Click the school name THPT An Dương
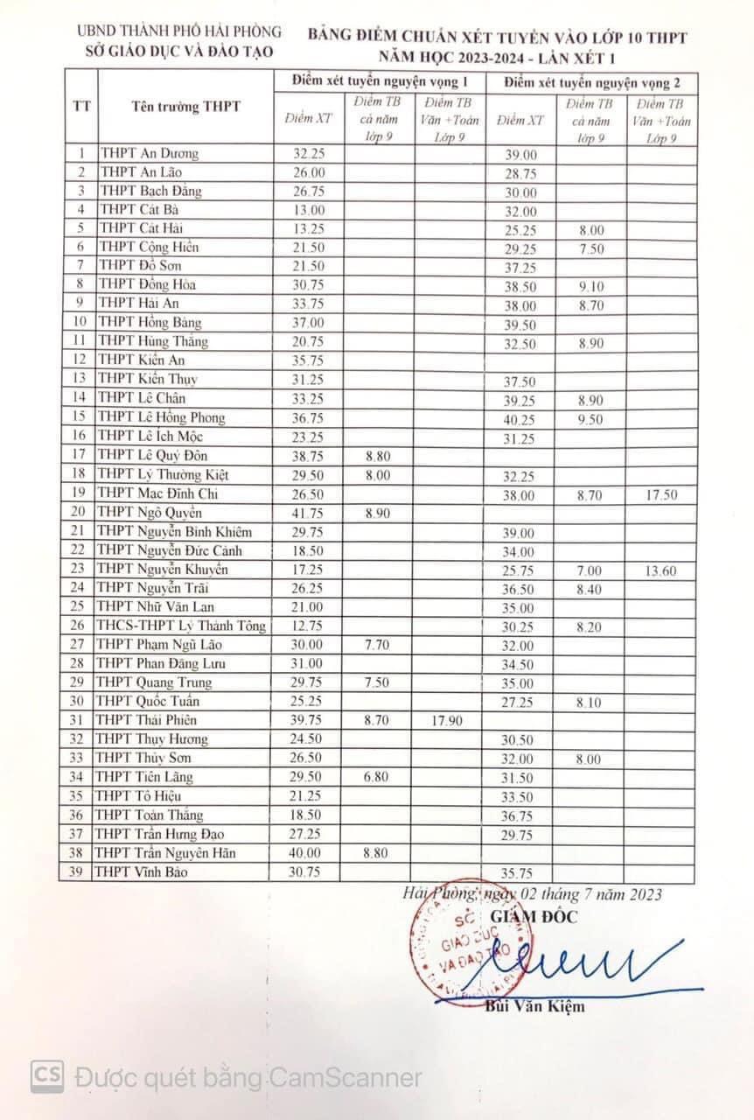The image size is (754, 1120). pyautogui.click(x=149, y=154)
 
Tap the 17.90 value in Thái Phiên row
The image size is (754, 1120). pyautogui.click(x=447, y=720)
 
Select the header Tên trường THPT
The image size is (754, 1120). pyautogui.click(x=185, y=107)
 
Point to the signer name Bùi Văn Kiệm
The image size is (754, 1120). pyautogui.click(x=534, y=1006)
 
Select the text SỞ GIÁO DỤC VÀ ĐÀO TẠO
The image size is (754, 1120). pyautogui.click(x=178, y=52)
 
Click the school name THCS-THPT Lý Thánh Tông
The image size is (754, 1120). pyautogui.click(x=182, y=626)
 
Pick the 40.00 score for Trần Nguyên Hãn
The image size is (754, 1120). pyautogui.click(x=309, y=853)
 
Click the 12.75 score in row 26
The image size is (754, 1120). pyautogui.click(x=309, y=626)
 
